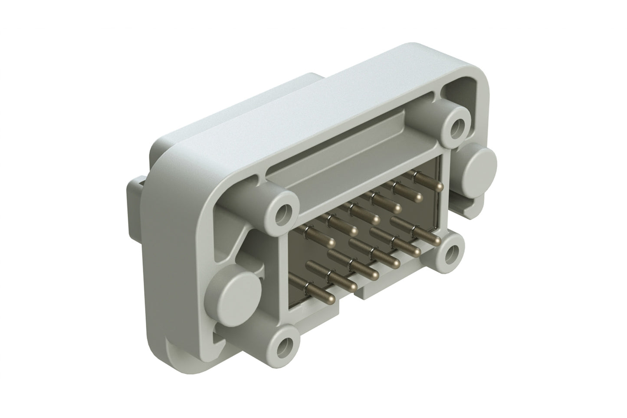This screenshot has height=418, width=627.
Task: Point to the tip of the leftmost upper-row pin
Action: [332, 240]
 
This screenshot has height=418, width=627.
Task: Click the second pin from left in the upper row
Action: [353, 230]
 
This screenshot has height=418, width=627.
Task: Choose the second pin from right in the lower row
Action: [417, 251]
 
